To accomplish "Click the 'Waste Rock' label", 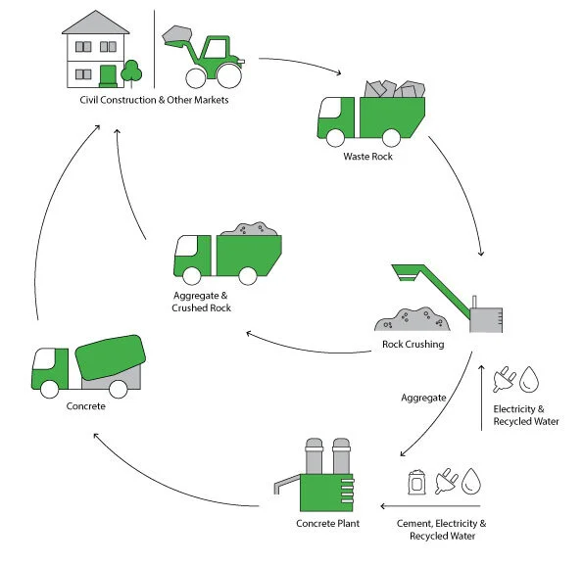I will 367,157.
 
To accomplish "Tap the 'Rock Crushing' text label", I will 413,344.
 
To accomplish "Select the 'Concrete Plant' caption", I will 327,523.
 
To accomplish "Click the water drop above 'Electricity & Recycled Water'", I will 530,380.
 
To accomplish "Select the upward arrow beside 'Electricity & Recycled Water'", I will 481,397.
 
